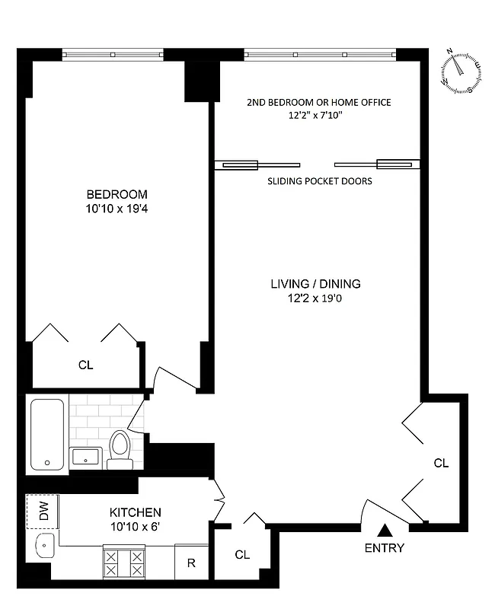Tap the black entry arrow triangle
point(385,531)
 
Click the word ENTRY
point(385,547)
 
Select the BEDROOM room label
point(117,194)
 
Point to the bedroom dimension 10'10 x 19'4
point(117,208)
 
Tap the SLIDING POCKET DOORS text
point(320,182)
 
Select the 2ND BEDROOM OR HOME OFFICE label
point(319,102)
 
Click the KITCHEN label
point(135,512)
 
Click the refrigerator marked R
point(191,564)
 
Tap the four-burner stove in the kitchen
point(123,564)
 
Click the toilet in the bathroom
point(120,448)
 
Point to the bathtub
point(48,434)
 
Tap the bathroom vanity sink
point(86,458)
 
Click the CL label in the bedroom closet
point(86,365)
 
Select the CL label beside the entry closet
point(441,462)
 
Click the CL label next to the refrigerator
point(242,555)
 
